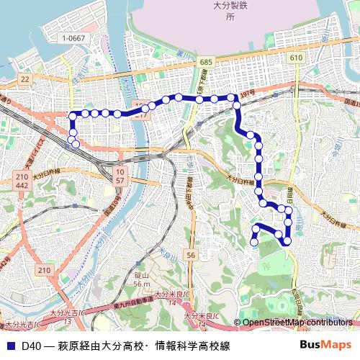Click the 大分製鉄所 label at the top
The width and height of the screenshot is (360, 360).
pos(230,10)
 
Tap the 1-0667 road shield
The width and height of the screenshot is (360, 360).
pos(73,38)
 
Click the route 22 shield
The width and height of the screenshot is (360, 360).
pos(26,79)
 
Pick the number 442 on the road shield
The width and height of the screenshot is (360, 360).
pos(21,186)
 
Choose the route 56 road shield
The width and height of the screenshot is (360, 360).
pos(190,256)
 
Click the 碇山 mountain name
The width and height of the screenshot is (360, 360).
pos(142,276)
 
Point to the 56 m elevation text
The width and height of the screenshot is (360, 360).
pos(142,284)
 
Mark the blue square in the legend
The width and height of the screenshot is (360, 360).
pos(11,346)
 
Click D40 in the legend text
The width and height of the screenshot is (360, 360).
pos(31,346)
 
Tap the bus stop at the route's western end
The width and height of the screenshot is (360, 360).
pos(73,141)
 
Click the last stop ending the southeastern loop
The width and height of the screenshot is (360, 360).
pos(254,243)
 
